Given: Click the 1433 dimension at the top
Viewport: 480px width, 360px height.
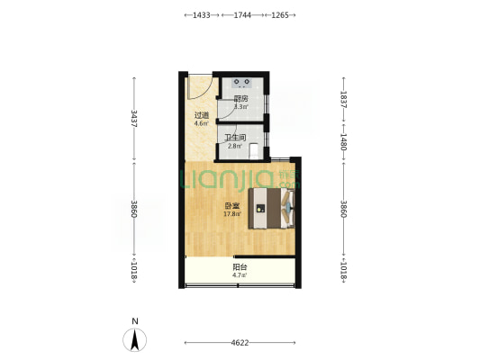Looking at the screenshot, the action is click(202, 15).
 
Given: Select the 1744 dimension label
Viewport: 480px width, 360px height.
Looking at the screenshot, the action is click(242, 15).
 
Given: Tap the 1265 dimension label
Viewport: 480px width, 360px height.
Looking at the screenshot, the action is click(280, 15).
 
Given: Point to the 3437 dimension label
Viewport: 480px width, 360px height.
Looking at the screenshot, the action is click(134, 119).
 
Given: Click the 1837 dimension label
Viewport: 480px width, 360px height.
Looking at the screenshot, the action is click(343, 99).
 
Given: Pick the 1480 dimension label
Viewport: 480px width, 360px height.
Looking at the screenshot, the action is click(343, 141).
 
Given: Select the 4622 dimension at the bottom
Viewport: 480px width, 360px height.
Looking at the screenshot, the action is click(240, 343).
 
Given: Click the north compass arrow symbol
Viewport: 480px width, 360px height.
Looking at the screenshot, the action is click(135, 340).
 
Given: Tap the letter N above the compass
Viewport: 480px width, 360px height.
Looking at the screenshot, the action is click(135, 321).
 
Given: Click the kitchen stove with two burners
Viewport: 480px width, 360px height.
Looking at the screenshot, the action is click(241, 83).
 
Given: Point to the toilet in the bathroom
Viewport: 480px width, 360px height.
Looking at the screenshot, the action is click(254, 151).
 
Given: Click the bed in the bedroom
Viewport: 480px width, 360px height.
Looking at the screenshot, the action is click(272, 208).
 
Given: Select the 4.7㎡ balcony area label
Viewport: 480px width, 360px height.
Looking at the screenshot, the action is click(240, 275).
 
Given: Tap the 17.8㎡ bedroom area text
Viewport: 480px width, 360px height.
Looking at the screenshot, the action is click(232, 214).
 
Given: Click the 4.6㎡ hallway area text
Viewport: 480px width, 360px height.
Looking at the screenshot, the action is click(202, 123).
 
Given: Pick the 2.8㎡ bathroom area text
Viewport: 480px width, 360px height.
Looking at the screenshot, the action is click(235, 146).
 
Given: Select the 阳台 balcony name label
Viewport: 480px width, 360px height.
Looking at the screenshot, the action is click(240, 267).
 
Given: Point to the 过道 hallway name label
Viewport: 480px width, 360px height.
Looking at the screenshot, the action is click(202, 115).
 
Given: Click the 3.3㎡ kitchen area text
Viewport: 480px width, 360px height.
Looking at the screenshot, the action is click(241, 107).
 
